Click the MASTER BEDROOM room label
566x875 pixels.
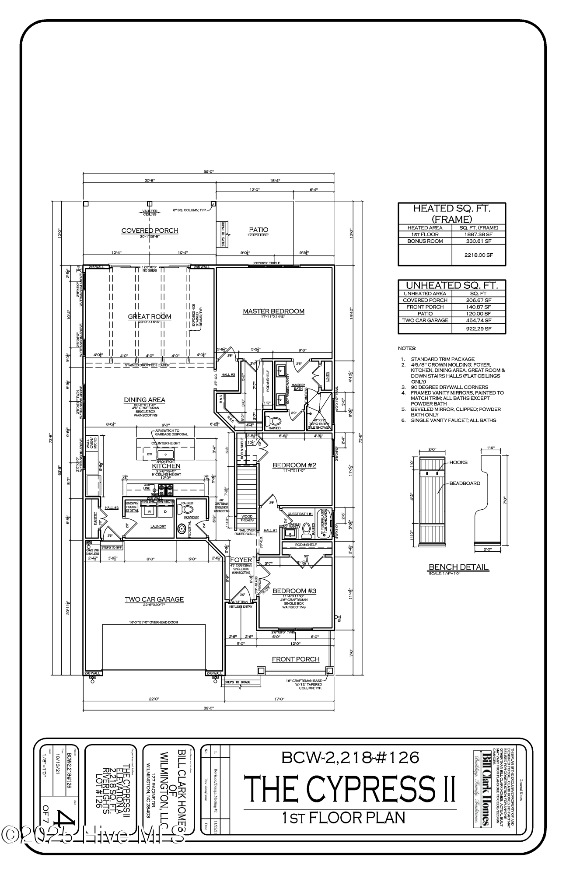coord(273,311)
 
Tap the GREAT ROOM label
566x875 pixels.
coord(150,316)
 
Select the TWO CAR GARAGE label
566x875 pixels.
coord(154,599)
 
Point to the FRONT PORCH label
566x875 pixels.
coord(296,659)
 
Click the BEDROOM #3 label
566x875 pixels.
coord(294,591)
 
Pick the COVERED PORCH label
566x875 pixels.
coord(150,231)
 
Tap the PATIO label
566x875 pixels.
coord(259,230)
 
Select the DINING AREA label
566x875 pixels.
coord(144,399)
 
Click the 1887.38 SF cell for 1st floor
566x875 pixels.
coord(479,234)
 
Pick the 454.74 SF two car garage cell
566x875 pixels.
coord(479,320)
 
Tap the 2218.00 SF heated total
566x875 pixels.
coord(479,255)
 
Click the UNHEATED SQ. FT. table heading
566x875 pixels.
coord(452,285)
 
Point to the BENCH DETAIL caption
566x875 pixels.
coord(458,567)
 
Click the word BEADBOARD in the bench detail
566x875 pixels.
coord(465,483)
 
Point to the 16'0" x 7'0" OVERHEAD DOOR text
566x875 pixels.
coord(153,622)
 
